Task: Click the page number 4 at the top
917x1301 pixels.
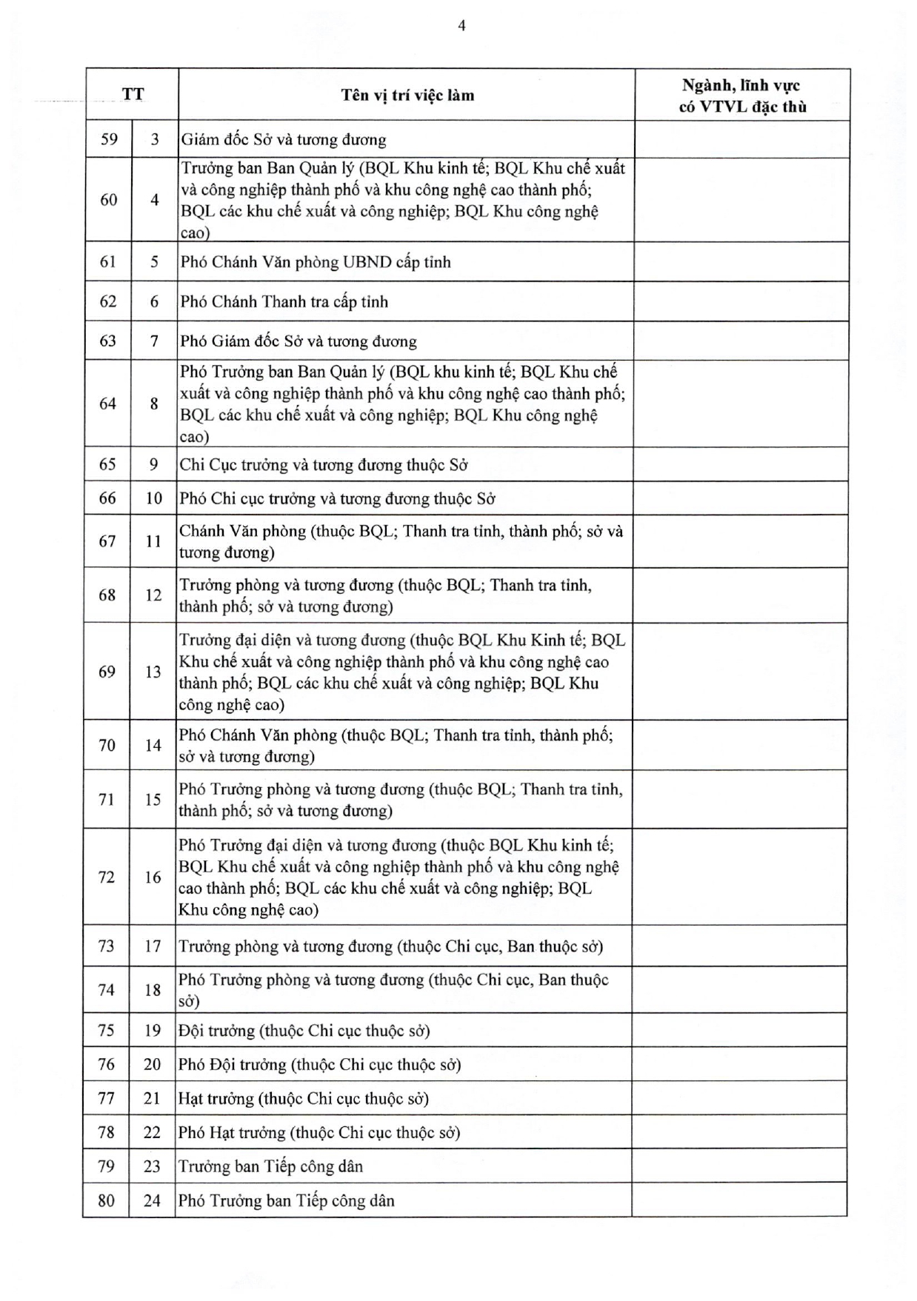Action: [461, 26]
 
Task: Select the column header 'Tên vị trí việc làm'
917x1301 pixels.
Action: [407, 95]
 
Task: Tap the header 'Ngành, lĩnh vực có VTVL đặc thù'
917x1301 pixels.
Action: [741, 96]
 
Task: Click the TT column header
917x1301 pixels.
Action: [133, 94]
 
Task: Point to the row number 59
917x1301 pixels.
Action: [109, 139]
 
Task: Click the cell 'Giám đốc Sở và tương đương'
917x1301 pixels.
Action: [284, 140]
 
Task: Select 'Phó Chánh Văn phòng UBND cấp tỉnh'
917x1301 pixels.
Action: [316, 262]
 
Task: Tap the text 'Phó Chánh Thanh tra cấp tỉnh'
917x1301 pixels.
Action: [284, 302]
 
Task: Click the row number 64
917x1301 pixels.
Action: [108, 404]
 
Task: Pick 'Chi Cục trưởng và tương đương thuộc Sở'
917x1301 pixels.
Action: [324, 465]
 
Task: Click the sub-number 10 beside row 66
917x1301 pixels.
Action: [153, 498]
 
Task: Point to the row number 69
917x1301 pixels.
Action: [107, 672]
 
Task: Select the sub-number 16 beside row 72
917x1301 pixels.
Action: [153, 877]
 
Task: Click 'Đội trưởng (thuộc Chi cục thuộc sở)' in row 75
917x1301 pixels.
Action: [304, 1031]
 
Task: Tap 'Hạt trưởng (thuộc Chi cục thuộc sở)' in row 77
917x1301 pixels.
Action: [304, 1099]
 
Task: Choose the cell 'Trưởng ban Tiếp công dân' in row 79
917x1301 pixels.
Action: [271, 1167]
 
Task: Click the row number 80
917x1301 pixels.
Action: [107, 1200]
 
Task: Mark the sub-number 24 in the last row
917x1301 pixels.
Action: [152, 1200]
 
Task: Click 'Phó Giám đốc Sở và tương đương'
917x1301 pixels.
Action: [299, 341]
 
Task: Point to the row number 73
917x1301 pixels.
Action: [107, 946]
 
